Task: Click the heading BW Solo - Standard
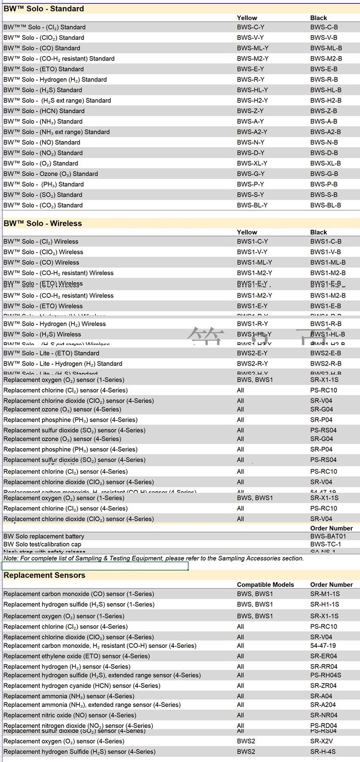tap(44, 9)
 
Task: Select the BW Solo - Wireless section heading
tap(43, 223)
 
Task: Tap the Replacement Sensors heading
tap(44, 575)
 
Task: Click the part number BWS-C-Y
tap(250, 27)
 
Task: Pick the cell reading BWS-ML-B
tap(326, 48)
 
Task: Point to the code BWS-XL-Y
tap(252, 163)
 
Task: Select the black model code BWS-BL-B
tap(325, 205)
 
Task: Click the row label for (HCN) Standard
tap(44, 111)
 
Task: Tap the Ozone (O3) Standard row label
tap(50, 174)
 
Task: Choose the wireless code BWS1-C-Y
tap(252, 241)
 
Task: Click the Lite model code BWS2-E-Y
tap(252, 353)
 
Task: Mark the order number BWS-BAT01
tap(328, 536)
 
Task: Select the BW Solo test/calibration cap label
tap(42, 544)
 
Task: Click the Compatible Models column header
tap(265, 584)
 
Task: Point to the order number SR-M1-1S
tap(324, 594)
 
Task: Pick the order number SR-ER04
tap(324, 656)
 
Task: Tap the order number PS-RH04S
tap(325, 675)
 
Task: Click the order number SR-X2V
tap(321, 741)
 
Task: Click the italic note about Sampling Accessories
tap(154, 558)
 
